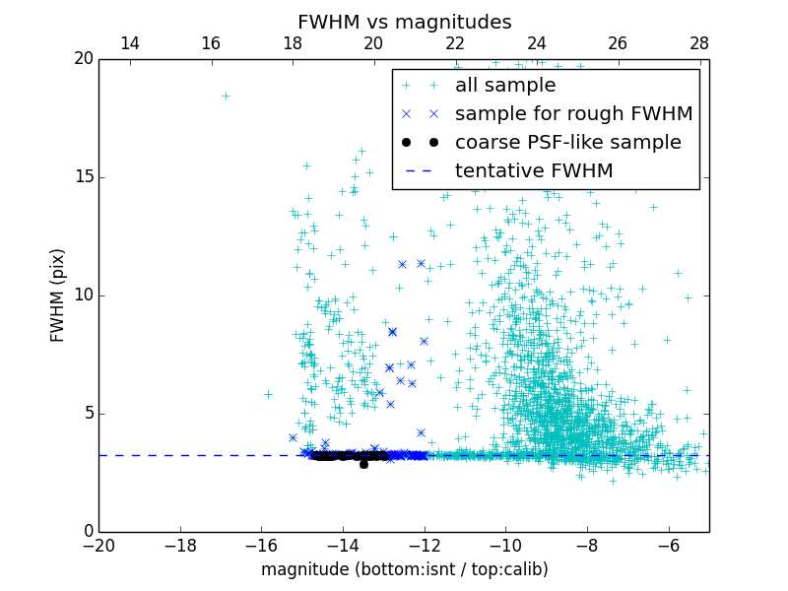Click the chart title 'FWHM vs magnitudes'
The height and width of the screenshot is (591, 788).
point(404,22)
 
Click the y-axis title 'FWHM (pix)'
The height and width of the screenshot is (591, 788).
point(58,295)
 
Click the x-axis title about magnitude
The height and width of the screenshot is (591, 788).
point(404,569)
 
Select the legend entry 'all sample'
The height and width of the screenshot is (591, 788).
point(504,86)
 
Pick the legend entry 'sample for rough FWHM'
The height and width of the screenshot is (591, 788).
point(573,114)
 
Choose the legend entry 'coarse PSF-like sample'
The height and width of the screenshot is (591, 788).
point(567,143)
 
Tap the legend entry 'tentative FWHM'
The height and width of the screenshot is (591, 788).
point(533,171)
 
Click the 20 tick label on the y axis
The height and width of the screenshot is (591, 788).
point(83,59)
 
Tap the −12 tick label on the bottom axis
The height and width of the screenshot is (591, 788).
point(424,545)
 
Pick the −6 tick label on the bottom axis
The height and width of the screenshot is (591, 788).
point(668,545)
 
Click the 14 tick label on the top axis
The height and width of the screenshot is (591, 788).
point(129,43)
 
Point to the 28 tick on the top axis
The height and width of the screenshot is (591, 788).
point(699,43)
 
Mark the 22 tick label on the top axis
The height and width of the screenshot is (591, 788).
point(455,43)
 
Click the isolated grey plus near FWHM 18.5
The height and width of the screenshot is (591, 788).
point(226,96)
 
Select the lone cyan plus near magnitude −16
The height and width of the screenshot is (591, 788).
point(268,394)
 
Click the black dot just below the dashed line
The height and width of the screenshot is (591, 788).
point(363,463)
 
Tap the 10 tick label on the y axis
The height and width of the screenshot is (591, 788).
point(83,295)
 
